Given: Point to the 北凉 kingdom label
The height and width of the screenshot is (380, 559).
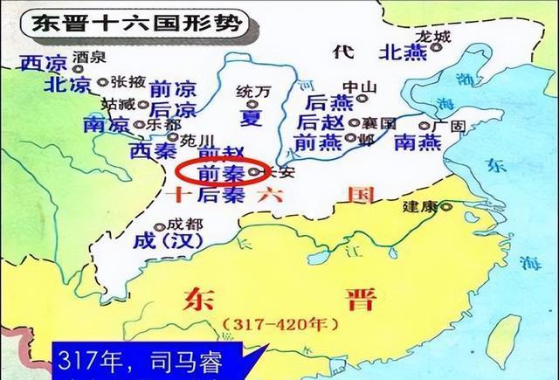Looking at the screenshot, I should (x=43, y=85).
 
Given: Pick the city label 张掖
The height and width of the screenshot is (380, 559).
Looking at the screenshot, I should (x=124, y=80).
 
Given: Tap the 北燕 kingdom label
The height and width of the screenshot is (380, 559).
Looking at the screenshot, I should (x=403, y=52).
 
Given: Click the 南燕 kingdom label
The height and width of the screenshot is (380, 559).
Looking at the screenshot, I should (x=418, y=141).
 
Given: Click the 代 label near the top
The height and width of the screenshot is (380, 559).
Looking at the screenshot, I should (x=342, y=52).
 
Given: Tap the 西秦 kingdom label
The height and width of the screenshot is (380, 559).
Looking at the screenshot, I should (x=155, y=150).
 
